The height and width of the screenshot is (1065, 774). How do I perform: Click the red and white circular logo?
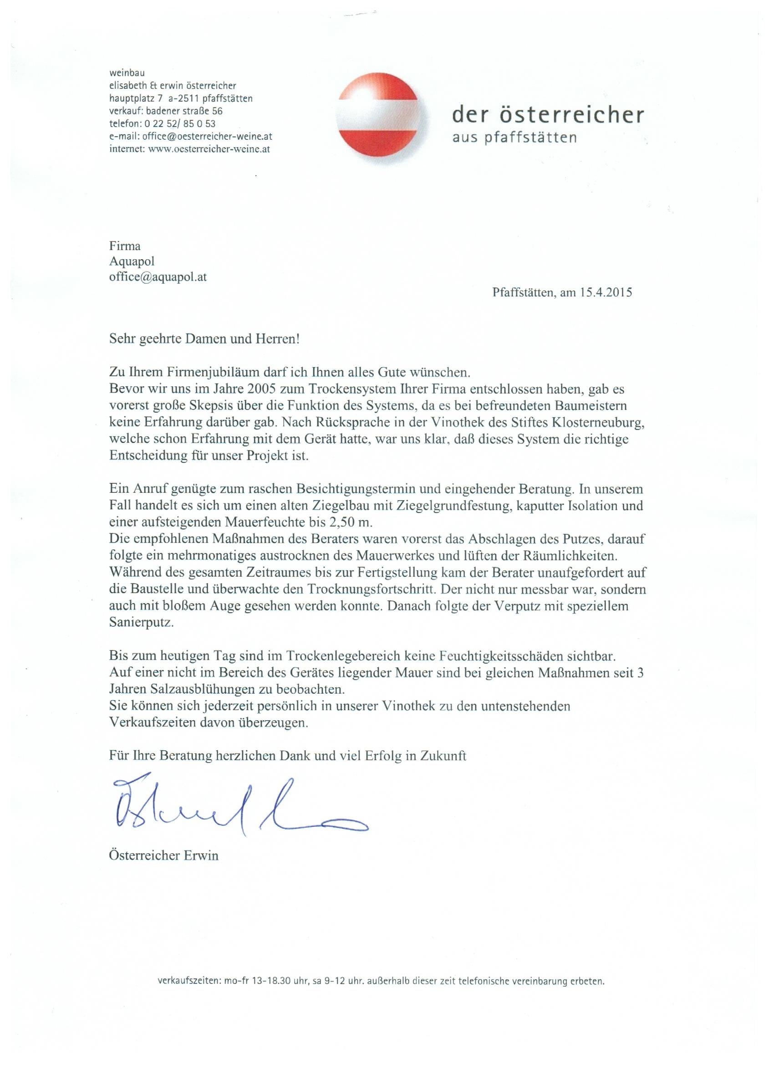[383, 119]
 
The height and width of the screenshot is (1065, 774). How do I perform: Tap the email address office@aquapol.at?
[158, 277]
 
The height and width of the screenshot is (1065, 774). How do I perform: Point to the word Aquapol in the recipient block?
[132, 261]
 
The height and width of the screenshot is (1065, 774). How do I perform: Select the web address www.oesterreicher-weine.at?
[209, 149]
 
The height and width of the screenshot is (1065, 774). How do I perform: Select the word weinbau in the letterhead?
[127, 73]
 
